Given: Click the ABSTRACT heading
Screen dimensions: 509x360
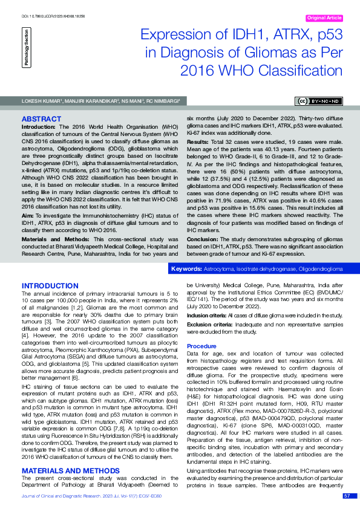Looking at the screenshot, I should point(42,119).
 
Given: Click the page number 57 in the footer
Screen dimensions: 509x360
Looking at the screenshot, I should point(347,496).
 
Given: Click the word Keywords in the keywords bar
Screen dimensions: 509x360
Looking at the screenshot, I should point(186,268).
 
